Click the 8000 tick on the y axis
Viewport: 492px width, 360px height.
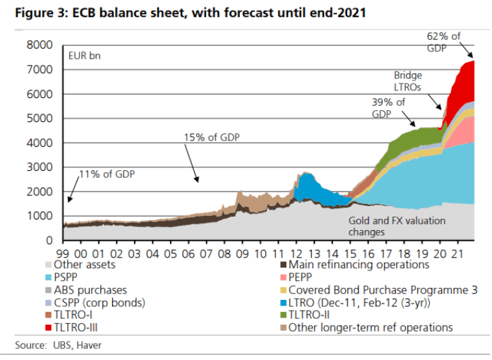pos(40,45)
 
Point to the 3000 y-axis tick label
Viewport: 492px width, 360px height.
pos(40,167)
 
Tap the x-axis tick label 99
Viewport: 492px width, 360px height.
pos(63,253)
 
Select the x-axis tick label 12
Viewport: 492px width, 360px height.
pos(296,253)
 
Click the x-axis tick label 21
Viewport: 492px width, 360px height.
pos(458,253)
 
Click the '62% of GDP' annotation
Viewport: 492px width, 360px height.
pos(443,42)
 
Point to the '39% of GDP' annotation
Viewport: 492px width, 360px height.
pos(388,108)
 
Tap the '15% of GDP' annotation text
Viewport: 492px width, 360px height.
pos(212,138)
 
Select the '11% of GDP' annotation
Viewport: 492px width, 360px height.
pos(107,174)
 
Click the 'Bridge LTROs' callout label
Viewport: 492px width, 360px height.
pos(408,81)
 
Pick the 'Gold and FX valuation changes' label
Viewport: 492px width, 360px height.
pos(397,226)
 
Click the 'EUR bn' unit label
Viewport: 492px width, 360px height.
pos(85,56)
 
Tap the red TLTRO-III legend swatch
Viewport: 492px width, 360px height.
pos(48,328)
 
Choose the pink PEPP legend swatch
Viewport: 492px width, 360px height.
pos(283,277)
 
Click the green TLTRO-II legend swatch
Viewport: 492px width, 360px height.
pos(283,315)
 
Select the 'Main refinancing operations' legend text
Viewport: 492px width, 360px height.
pos(359,265)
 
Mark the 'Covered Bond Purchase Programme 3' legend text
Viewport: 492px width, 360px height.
pos(383,290)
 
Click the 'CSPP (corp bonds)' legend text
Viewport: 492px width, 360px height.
pos(100,303)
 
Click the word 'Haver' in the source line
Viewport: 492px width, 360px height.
pos(89,345)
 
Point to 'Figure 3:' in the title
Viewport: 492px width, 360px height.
pos(42,13)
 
